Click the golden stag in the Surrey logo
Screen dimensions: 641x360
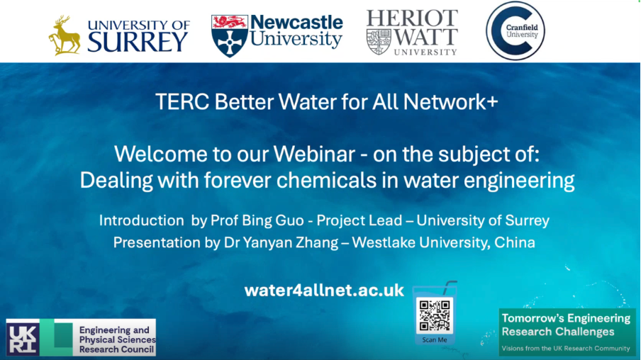(x=65, y=35)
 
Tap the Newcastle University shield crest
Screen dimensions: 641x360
(x=229, y=36)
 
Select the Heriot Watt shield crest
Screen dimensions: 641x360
(x=379, y=42)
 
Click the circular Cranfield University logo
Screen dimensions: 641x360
(x=515, y=31)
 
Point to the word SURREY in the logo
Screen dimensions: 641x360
(x=138, y=42)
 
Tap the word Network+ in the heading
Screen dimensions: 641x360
(x=450, y=102)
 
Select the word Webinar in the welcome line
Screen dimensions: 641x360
(x=314, y=154)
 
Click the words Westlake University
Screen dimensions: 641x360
(x=421, y=243)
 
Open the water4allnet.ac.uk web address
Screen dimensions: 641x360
(x=324, y=291)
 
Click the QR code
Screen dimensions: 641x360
(x=435, y=315)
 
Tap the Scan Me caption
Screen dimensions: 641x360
(x=435, y=340)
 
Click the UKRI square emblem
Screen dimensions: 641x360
(x=23, y=337)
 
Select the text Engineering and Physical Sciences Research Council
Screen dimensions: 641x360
(x=117, y=339)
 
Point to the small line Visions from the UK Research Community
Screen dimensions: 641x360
(x=566, y=349)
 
